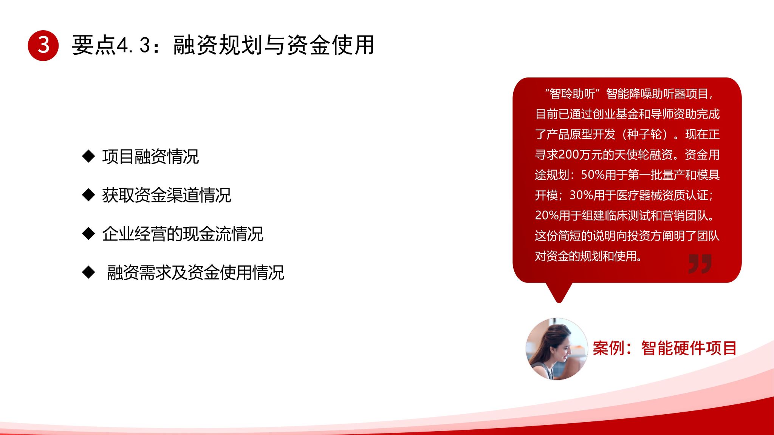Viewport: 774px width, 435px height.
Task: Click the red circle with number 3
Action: click(x=43, y=45)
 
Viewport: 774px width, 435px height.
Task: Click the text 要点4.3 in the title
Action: click(x=112, y=45)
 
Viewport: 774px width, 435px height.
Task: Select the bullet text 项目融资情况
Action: click(x=150, y=157)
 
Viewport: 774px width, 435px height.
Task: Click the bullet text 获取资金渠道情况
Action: click(x=167, y=195)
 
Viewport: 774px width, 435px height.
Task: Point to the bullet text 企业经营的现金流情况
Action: click(x=183, y=234)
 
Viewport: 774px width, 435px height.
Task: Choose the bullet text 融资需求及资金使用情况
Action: click(x=195, y=273)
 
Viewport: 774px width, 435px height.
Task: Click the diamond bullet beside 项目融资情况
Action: click(x=88, y=156)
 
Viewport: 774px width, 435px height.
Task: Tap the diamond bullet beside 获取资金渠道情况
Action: click(x=88, y=195)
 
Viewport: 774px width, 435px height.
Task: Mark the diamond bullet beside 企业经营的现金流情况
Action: click(x=88, y=234)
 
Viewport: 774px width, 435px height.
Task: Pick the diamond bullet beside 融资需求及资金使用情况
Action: click(x=88, y=272)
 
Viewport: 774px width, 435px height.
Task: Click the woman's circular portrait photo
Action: click(x=557, y=349)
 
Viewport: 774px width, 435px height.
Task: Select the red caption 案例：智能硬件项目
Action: click(x=664, y=348)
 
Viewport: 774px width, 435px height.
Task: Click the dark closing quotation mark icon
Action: click(x=700, y=264)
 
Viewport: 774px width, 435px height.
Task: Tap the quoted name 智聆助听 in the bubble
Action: click(x=573, y=94)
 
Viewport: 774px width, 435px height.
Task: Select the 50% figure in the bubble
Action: click(x=593, y=175)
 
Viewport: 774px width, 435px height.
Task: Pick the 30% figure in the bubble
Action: click(x=581, y=195)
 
